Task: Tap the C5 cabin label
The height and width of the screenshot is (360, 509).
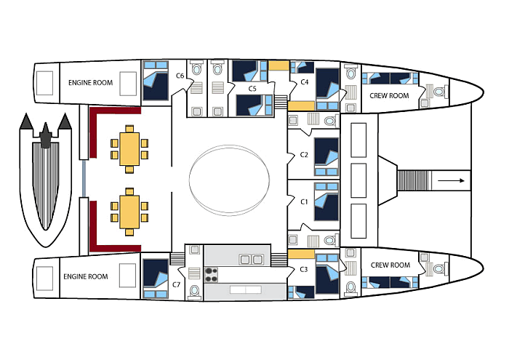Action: pyautogui.click(x=252, y=89)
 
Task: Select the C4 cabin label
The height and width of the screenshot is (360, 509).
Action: pyautogui.click(x=305, y=83)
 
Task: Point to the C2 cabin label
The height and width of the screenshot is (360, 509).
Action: pyautogui.click(x=304, y=155)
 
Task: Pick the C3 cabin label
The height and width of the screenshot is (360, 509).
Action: pyautogui.click(x=304, y=270)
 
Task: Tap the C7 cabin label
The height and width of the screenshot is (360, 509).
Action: pyautogui.click(x=177, y=284)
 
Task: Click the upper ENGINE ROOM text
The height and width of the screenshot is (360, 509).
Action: pyautogui.click(x=91, y=83)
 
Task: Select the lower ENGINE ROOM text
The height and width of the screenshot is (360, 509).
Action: pyautogui.click(x=86, y=276)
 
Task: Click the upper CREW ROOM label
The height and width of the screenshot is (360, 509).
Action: pyautogui.click(x=390, y=95)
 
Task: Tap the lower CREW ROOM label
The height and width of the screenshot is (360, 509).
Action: pyautogui.click(x=390, y=265)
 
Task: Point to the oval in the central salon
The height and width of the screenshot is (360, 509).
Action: pyautogui.click(x=231, y=179)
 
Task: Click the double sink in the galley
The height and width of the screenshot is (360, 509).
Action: pyautogui.click(x=252, y=260)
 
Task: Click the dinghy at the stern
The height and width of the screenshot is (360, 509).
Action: pyautogui.click(x=45, y=179)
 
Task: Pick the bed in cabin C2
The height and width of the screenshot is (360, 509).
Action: pyautogui.click(x=326, y=154)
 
